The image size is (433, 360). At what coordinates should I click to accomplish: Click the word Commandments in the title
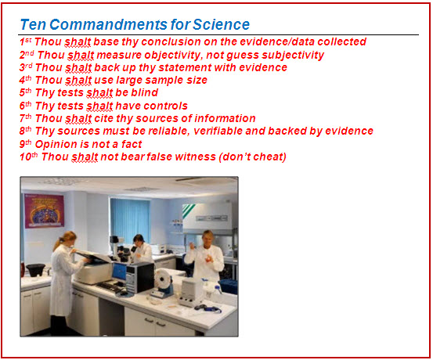pos(109,24)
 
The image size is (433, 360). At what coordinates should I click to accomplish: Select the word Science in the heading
pos(221,24)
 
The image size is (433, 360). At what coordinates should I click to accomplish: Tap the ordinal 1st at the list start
pos(25,41)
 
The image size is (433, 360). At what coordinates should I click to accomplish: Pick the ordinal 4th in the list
pos(25,80)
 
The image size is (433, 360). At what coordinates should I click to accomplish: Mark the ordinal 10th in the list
pos(29,157)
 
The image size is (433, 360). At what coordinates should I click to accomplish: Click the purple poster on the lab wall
pos(45,211)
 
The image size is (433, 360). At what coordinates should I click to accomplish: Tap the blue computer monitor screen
pos(119,271)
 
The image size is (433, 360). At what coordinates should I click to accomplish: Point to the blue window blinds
pos(130,221)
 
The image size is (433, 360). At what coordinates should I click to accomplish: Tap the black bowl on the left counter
pos(35,269)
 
